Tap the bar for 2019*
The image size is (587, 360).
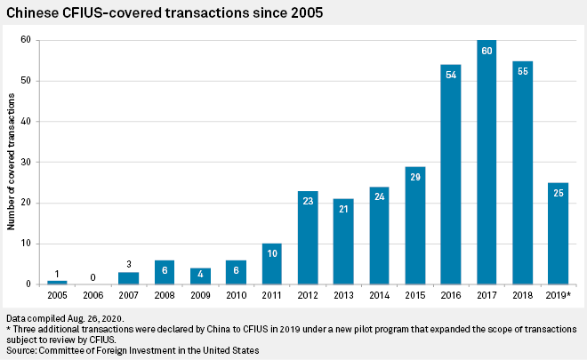557,235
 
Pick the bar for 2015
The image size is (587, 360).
414,227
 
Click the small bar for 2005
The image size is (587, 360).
57,282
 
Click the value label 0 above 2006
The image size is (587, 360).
92,276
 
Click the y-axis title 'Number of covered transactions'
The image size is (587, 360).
12,162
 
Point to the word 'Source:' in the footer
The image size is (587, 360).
21,351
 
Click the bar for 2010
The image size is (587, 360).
236,272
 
